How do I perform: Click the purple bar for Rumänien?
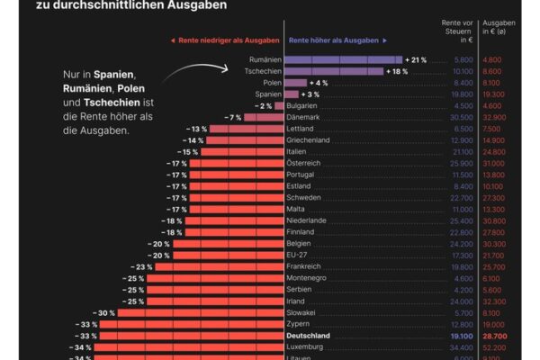click(344, 59)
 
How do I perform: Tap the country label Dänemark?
click(305, 117)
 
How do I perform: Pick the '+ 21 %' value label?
click(417, 59)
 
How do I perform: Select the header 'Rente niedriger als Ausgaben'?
click(224, 40)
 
